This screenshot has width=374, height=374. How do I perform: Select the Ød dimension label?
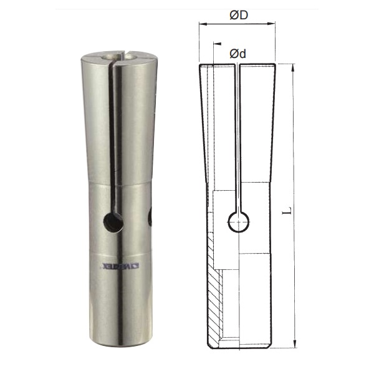[x=237, y=54]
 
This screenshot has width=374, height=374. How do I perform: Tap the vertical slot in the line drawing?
[x=237, y=137]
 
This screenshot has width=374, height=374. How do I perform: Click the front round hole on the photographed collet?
[x=113, y=222]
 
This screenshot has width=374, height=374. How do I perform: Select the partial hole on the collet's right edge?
[x=150, y=217]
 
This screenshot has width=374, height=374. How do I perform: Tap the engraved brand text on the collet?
[x=121, y=267]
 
